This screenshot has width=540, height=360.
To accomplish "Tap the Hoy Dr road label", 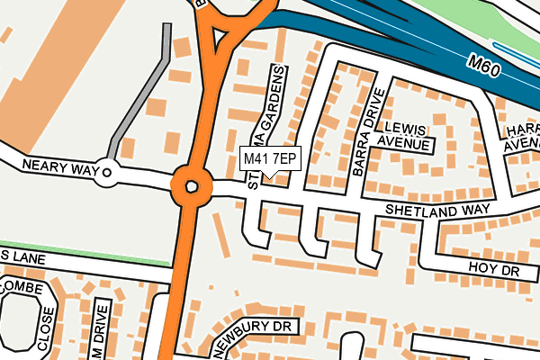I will (493, 268).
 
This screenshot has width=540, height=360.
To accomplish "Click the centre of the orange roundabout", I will (191, 187).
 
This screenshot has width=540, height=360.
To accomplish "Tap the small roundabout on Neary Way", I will (108, 171).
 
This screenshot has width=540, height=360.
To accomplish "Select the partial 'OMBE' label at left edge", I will (16, 284).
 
